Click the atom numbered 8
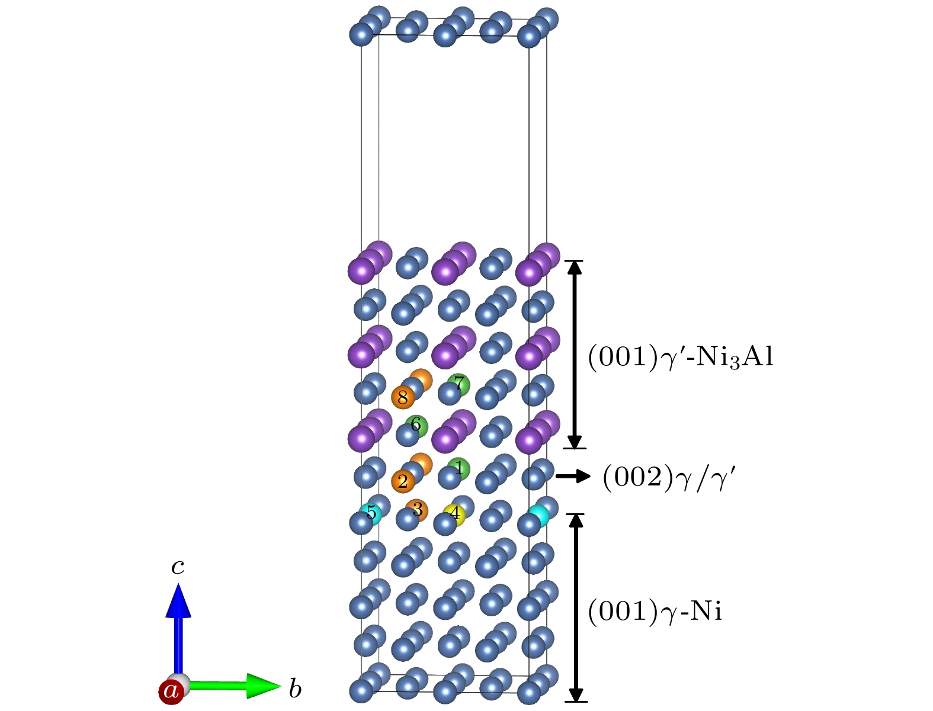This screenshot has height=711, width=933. (x=403, y=398)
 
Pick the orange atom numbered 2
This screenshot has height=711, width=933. (x=403, y=481)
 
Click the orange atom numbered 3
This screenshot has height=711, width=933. (x=418, y=509)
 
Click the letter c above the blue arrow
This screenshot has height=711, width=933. (x=178, y=567)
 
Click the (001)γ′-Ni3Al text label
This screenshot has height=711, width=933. (x=681, y=357)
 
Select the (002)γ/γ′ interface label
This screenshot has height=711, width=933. (x=669, y=477)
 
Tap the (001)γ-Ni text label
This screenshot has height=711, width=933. (x=655, y=612)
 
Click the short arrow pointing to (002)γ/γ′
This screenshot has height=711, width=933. (x=573, y=476)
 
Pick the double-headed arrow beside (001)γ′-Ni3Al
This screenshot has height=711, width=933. (x=575, y=354)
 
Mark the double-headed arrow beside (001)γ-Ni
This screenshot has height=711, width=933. (x=576, y=608)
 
